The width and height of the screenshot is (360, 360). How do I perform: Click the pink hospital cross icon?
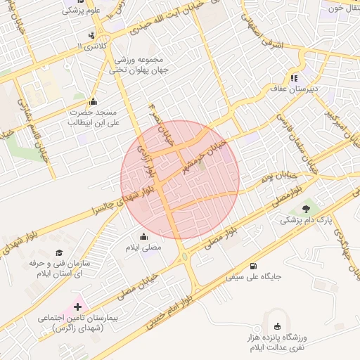coord(76,307)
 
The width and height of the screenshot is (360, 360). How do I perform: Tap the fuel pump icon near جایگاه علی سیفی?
coord(253,266)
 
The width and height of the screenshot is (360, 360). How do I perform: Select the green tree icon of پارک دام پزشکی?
coord(305,208)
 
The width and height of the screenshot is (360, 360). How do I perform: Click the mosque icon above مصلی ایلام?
coord(144,236)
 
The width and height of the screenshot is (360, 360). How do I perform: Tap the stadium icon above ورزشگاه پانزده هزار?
coord(277,326)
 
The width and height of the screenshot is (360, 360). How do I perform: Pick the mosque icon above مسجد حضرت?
coord(93,101)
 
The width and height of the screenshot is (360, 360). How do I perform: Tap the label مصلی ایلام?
coord(143,248)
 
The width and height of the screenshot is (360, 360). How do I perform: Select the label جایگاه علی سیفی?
coord(253,277)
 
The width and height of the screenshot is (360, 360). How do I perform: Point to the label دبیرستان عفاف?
coord(295,89)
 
